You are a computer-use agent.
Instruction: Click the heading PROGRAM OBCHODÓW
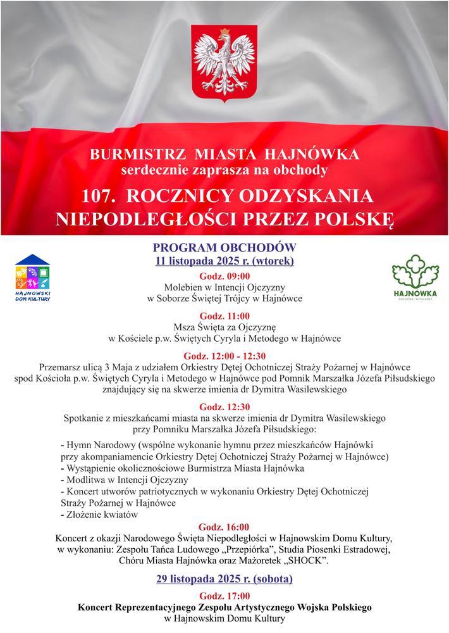click(x=225, y=247)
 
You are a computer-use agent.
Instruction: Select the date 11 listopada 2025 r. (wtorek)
click(x=225, y=260)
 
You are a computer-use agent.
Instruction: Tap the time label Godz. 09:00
click(x=225, y=276)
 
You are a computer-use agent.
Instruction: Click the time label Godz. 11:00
click(x=225, y=316)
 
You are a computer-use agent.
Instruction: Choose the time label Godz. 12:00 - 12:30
click(x=225, y=356)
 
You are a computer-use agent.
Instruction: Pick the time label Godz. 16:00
click(x=225, y=527)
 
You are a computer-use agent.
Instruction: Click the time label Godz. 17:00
click(x=225, y=596)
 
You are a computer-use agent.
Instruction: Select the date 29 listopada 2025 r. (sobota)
click(x=225, y=579)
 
